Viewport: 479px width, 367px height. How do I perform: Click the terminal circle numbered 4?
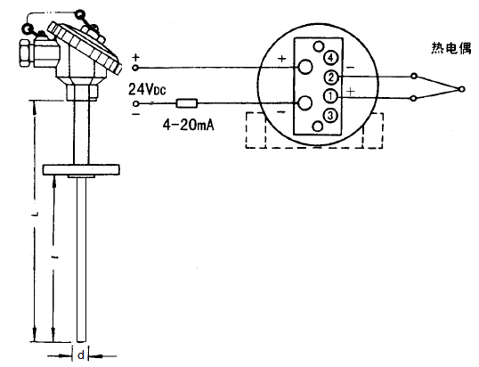tap(329, 59)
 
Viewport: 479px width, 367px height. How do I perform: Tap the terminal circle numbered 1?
tap(329, 96)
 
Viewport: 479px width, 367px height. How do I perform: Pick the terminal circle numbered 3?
tap(329, 114)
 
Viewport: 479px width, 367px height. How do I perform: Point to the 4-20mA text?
tap(187, 126)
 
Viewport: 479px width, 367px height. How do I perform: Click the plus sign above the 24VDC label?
tap(135, 58)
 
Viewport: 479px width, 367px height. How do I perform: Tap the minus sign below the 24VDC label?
tap(135, 112)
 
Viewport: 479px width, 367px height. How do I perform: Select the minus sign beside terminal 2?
tap(348, 66)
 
